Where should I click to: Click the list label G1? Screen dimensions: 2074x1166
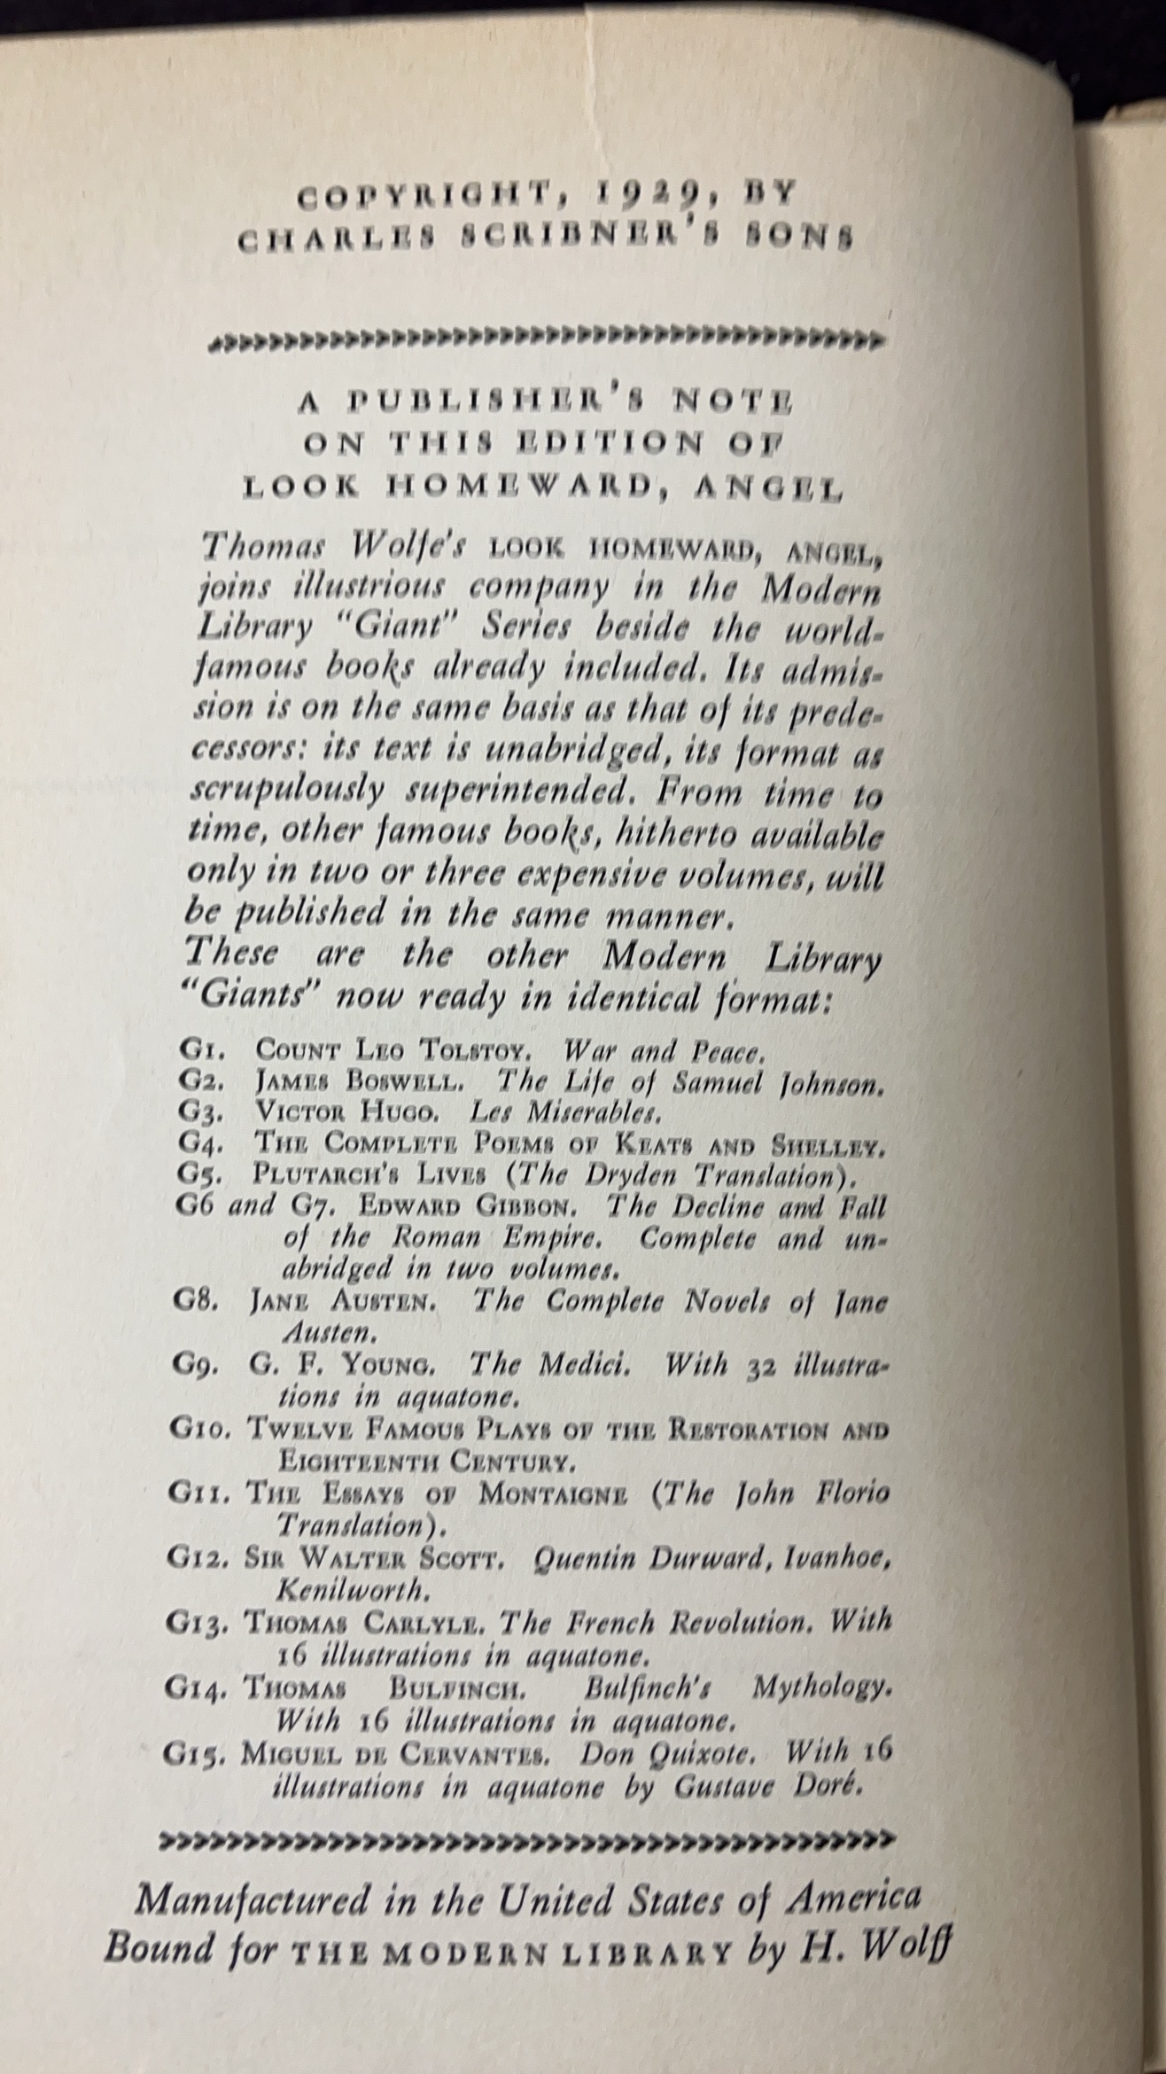click(196, 1052)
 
